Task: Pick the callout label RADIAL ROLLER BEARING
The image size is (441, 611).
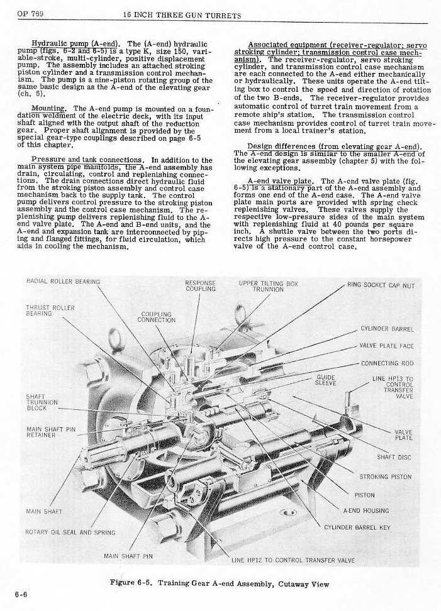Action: (x=63, y=281)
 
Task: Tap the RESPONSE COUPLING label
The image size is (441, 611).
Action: (x=201, y=285)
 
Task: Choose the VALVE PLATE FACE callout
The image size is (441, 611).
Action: (x=386, y=346)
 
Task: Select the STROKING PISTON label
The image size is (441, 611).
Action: (x=386, y=476)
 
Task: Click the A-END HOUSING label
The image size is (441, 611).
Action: (x=366, y=510)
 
